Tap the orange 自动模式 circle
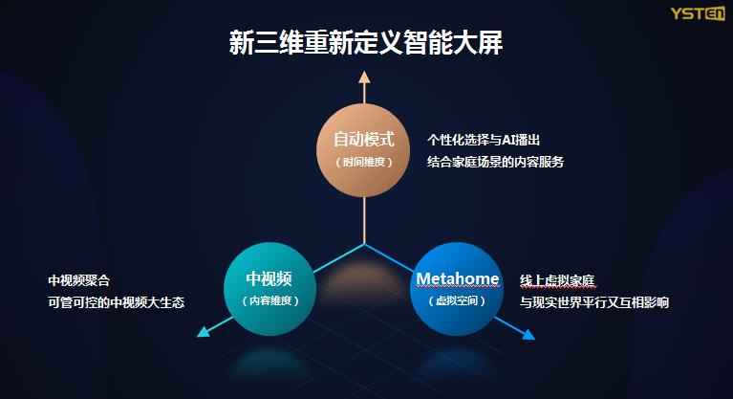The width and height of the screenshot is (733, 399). tap(364, 149)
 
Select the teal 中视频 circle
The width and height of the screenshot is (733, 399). tap(269, 288)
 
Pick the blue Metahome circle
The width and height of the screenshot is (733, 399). tap(458, 288)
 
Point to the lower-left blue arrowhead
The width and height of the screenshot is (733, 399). tap(203, 333)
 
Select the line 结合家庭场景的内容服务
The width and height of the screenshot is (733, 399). tap(495, 162)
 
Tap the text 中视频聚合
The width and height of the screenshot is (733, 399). tap(79, 281)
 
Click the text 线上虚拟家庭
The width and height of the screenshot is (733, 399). tap(557, 281)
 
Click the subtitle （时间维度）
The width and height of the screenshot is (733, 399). tap(364, 162)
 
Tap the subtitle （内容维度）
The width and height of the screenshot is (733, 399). tap(269, 300)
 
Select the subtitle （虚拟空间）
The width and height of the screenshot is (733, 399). tap(458, 300)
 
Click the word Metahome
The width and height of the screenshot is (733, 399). tap(458, 278)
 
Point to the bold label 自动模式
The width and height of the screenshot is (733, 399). tap(364, 140)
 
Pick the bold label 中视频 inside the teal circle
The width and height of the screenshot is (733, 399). tap(269, 278)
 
